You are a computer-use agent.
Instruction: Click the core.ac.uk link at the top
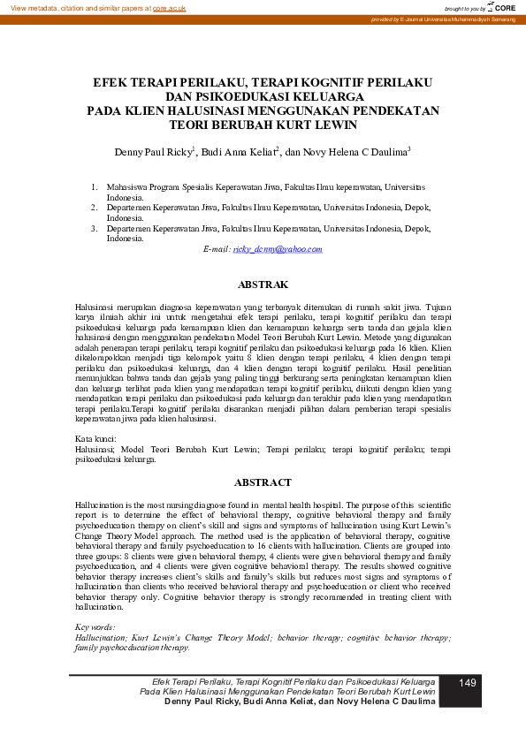[168, 7]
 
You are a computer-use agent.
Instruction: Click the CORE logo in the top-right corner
[503, 7]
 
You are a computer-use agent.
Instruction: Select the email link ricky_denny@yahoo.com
[278, 249]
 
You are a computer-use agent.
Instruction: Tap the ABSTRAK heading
[263, 284]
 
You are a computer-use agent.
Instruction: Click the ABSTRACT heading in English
[263, 482]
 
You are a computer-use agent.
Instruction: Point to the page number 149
[468, 683]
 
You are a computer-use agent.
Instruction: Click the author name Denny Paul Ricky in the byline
[153, 152]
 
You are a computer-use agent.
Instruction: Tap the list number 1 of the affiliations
[95, 187]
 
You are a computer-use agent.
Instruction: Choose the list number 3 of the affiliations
[95, 228]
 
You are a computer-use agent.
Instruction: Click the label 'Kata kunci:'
[94, 438]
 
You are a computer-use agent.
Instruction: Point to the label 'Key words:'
[95, 627]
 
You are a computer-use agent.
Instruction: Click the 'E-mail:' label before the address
[217, 249]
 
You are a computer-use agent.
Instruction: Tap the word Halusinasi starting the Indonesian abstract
[95, 305]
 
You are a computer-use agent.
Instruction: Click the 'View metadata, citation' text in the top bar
[53, 7]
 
